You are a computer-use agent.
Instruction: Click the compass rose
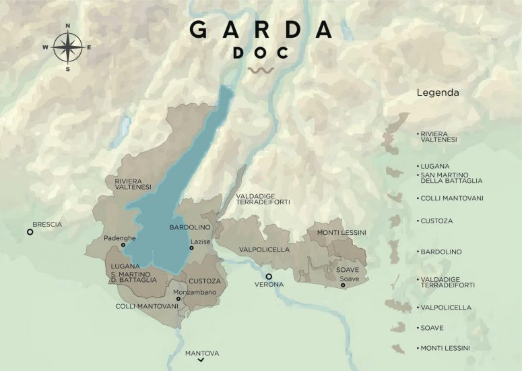click(67, 47)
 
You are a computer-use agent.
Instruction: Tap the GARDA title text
click(261, 30)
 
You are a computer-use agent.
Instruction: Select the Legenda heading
click(438, 92)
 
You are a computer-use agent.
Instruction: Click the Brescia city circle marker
click(30, 232)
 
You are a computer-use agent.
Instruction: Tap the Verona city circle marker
click(268, 277)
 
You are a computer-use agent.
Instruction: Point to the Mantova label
click(202, 353)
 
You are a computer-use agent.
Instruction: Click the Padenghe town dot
click(123, 246)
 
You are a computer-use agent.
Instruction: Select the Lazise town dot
click(191, 248)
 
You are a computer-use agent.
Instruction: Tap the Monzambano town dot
click(179, 299)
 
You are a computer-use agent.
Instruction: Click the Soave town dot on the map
click(343, 285)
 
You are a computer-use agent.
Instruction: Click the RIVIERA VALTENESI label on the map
click(133, 183)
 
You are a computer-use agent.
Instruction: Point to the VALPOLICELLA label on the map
click(264, 250)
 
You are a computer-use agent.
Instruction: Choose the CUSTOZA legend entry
click(436, 221)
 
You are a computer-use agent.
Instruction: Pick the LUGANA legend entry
click(434, 165)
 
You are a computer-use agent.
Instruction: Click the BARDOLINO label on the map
click(190, 228)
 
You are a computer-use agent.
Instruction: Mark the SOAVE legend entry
click(430, 328)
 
